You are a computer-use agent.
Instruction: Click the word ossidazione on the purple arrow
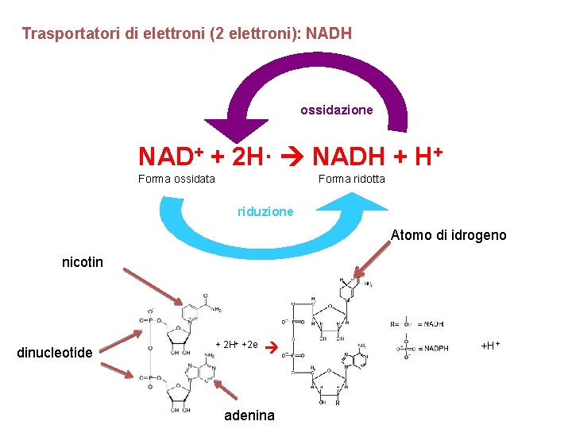point(336,110)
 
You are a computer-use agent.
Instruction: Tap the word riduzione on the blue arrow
point(265,211)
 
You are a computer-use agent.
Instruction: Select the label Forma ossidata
point(176,179)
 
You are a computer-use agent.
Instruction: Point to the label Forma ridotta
point(351,179)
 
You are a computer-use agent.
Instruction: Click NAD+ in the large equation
point(172,156)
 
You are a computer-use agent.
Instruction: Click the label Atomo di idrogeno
point(448,235)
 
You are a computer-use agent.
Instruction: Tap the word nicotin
point(83,262)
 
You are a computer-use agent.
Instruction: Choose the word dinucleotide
point(55,353)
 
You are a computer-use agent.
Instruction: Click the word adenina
point(249,415)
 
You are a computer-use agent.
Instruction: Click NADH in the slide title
point(329,34)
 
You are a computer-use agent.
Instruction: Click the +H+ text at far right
point(492,346)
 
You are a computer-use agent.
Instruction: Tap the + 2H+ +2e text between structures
point(237,345)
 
